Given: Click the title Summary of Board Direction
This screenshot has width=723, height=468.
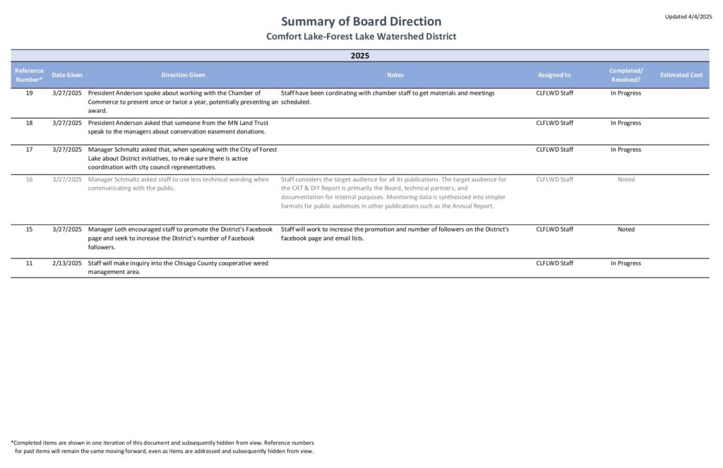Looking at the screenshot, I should [x=361, y=21].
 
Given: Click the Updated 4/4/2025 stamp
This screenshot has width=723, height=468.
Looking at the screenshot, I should [x=688, y=16].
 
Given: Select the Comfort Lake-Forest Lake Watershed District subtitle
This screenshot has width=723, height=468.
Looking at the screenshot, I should [x=361, y=36].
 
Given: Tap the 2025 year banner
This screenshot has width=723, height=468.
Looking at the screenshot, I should [x=360, y=55].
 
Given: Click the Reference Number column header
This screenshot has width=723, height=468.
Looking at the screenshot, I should [x=29, y=75].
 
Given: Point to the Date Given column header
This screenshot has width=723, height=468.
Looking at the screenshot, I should [x=67, y=75].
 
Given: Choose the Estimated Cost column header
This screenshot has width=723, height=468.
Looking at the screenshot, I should [x=681, y=75].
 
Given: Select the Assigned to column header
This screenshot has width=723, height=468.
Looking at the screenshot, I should [x=554, y=75].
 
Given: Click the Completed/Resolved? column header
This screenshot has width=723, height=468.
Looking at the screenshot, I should [x=626, y=75].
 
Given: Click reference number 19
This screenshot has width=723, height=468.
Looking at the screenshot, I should [x=29, y=93].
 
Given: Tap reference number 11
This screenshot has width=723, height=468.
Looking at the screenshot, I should [x=29, y=263].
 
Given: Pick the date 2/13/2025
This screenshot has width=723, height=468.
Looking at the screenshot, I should [x=67, y=263].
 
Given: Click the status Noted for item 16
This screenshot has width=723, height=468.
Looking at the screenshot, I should [x=626, y=179].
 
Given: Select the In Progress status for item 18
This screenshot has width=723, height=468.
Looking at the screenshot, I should [x=626, y=123].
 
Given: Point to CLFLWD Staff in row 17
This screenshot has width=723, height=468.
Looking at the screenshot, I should [x=554, y=150].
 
